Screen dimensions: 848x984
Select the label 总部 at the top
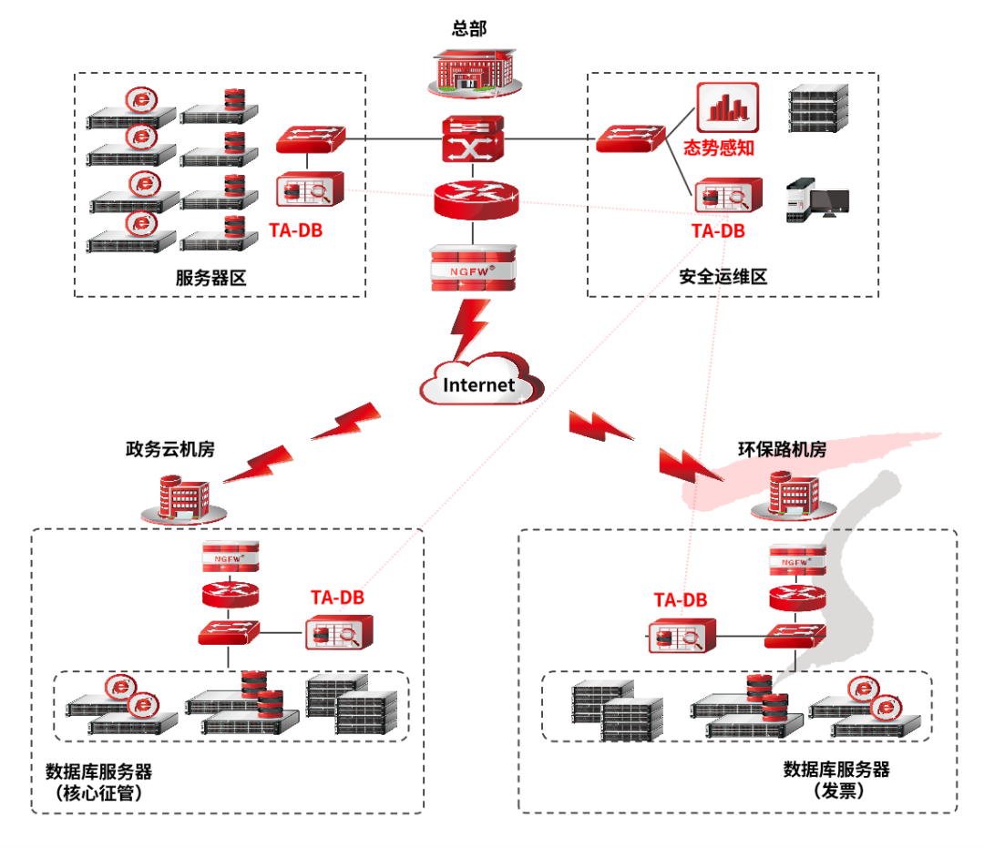click(469, 28)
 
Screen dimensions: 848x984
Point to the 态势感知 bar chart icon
click(727, 107)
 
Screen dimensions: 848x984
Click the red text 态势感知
click(719, 148)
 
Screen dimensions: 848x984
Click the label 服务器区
click(211, 277)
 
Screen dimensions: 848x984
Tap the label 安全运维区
click(723, 277)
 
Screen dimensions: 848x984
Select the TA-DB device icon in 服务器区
click(310, 191)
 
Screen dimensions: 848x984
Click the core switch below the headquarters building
click(473, 139)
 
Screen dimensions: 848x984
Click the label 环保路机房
click(782, 449)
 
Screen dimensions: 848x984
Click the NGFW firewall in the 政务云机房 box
click(229, 557)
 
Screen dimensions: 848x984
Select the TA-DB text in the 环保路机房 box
click(681, 600)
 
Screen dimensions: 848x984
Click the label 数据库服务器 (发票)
click(836, 770)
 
